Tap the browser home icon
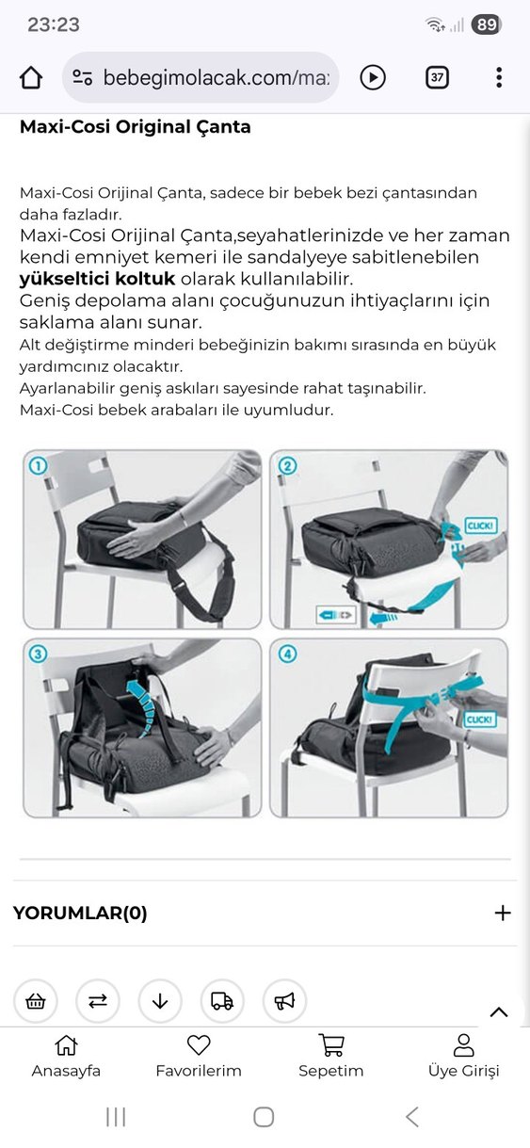(31, 77)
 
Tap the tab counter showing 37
(437, 77)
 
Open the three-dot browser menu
(499, 77)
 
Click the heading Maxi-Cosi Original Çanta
(135, 127)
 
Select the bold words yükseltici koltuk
(97, 279)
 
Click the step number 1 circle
(39, 465)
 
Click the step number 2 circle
(288, 465)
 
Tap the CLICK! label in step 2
(480, 525)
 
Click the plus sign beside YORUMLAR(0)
(503, 913)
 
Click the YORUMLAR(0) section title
(80, 913)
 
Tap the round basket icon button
(36, 1001)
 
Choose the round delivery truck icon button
(222, 1001)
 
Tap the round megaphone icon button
(284, 1001)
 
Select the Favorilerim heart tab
(199, 1056)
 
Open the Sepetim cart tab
(330, 1056)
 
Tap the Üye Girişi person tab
(463, 1056)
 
